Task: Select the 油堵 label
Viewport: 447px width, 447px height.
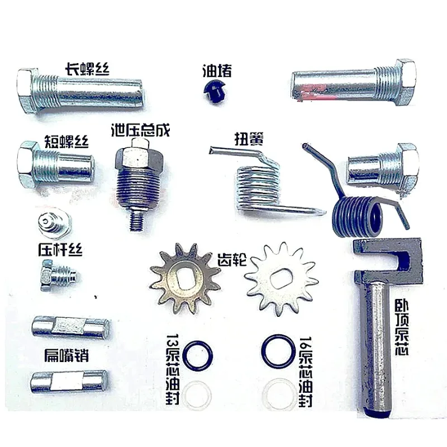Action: (x=217, y=71)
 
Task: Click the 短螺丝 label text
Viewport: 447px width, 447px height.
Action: (x=66, y=140)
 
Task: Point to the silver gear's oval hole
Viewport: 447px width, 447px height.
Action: (x=281, y=278)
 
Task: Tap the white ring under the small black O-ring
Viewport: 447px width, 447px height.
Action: (x=197, y=394)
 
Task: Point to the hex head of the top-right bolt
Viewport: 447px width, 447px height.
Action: (x=406, y=82)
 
